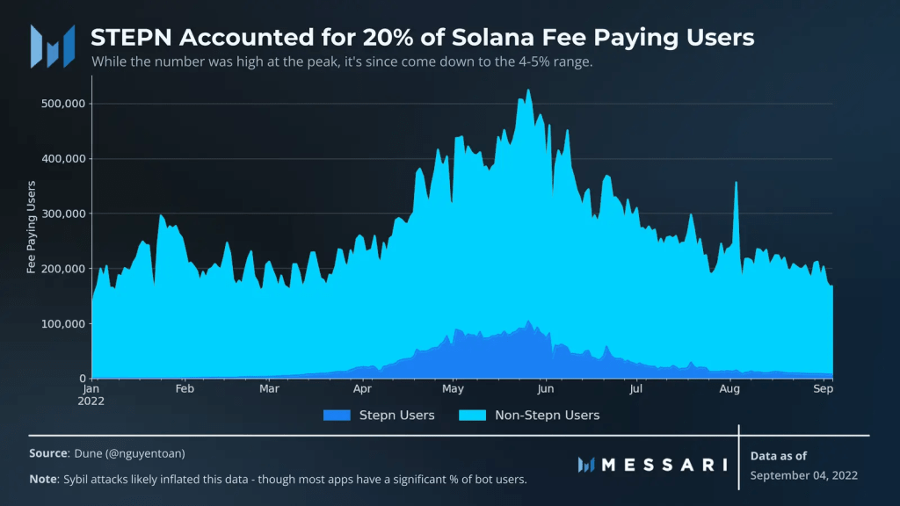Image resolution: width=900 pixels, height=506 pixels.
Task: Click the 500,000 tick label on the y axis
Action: click(62, 104)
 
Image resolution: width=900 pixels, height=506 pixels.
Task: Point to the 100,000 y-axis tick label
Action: click(62, 324)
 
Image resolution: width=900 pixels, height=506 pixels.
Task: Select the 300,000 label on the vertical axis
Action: click(62, 213)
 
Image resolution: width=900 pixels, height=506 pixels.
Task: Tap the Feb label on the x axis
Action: click(185, 387)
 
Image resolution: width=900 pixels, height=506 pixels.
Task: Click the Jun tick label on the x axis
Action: click(545, 387)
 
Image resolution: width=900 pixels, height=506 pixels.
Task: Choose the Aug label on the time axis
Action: click(729, 387)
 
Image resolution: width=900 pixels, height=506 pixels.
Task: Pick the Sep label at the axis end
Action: click(823, 387)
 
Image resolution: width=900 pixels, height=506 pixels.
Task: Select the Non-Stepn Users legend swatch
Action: click(470, 415)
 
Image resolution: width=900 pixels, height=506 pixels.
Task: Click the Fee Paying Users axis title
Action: click(32, 227)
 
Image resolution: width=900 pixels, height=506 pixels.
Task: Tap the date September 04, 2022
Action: click(804, 475)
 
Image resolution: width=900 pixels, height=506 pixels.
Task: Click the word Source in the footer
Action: click(48, 453)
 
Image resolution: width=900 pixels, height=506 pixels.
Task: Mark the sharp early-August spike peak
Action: click(736, 183)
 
